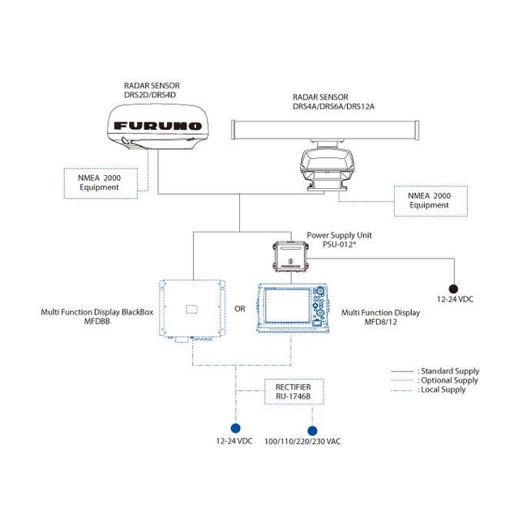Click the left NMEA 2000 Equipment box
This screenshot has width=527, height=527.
(x=99, y=182)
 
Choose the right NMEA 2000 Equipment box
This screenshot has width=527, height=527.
(x=429, y=200)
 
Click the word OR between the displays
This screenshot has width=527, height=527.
(x=241, y=309)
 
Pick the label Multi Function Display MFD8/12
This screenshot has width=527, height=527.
(x=380, y=316)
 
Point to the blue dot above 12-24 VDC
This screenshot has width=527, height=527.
(x=235, y=428)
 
